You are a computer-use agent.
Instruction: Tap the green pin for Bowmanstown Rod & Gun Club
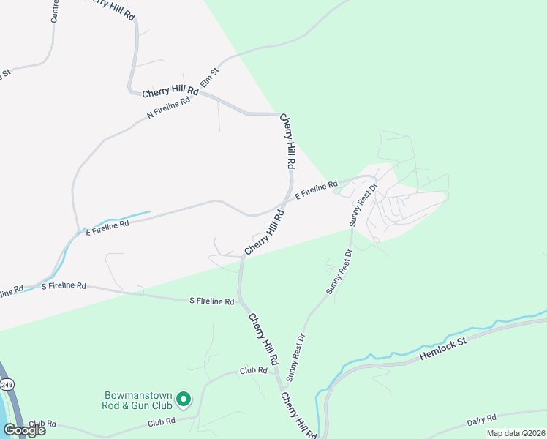(184, 399)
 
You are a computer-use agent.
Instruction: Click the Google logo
(23, 430)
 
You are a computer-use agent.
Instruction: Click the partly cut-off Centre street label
(54, 11)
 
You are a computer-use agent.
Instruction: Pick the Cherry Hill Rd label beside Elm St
(170, 91)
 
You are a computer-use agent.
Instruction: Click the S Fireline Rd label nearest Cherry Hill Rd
(211, 301)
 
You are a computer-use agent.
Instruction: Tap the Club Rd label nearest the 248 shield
(43, 424)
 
